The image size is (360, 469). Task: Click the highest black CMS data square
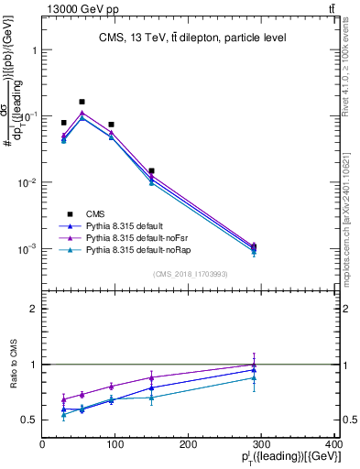coord(82,102)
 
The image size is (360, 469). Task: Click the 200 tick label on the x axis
coord(189,446)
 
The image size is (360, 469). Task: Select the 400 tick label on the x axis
coord(333,446)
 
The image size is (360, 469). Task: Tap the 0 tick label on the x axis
coord(43,446)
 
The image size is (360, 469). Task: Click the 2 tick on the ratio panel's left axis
coord(34,309)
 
